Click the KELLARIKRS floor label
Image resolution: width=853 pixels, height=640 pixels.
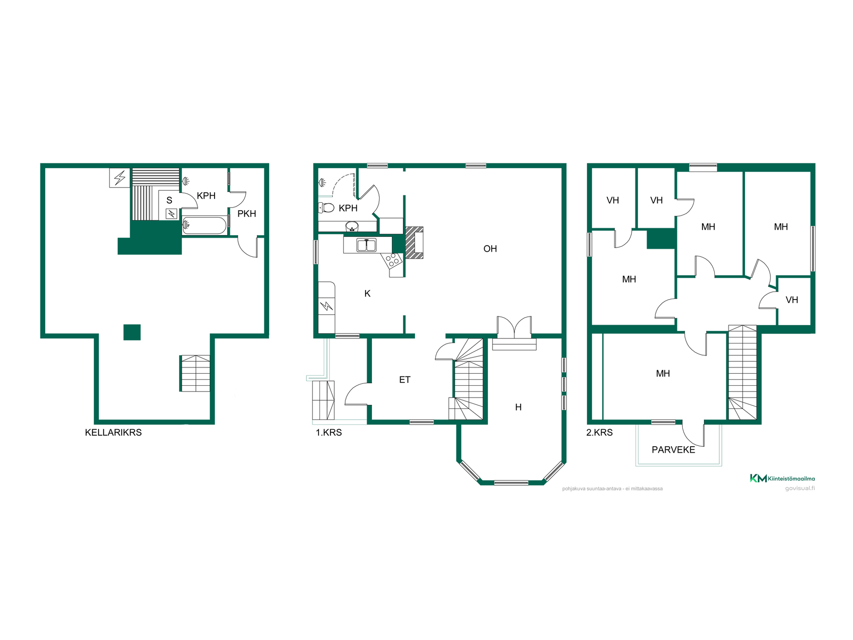pyautogui.click(x=113, y=432)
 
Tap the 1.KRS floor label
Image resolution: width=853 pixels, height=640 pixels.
pyautogui.click(x=329, y=432)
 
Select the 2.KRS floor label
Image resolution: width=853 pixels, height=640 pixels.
pyautogui.click(x=599, y=432)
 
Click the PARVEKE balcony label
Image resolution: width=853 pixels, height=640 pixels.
pyautogui.click(x=673, y=450)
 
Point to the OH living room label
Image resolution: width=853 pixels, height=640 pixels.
pyautogui.click(x=490, y=249)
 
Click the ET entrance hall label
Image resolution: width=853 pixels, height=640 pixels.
pyautogui.click(x=404, y=380)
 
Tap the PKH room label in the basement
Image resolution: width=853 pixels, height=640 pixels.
pyautogui.click(x=247, y=214)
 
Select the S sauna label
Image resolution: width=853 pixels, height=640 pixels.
pyautogui.click(x=169, y=200)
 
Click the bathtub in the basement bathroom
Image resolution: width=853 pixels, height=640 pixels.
pyautogui.click(x=205, y=225)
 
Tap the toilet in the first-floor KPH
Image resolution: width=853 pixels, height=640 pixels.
pyautogui.click(x=327, y=208)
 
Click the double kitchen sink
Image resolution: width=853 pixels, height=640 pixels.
pyautogui.click(x=367, y=245)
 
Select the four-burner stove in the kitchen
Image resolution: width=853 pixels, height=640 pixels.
pyautogui.click(x=393, y=261)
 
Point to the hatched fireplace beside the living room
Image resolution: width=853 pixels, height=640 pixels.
pyautogui.click(x=414, y=243)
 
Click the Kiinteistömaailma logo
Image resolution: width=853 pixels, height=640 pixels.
pyautogui.click(x=782, y=478)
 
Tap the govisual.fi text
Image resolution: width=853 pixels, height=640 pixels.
pyautogui.click(x=800, y=488)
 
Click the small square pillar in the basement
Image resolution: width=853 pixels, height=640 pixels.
pyautogui.click(x=132, y=332)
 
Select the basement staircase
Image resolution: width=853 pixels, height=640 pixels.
pyautogui.click(x=195, y=373)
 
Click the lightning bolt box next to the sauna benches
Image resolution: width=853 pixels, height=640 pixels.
pyautogui.click(x=120, y=178)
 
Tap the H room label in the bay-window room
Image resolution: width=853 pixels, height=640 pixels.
pyautogui.click(x=518, y=407)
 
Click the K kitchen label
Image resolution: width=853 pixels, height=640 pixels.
pyautogui.click(x=367, y=293)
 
